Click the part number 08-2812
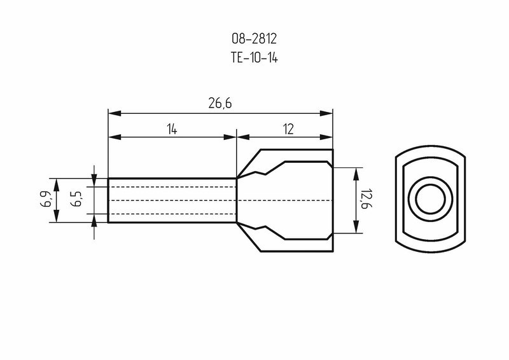point(254,39)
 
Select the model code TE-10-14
point(254,58)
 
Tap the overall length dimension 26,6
point(220,103)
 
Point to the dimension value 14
point(172,130)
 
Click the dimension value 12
point(288,129)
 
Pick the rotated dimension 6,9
point(45,199)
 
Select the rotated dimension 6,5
point(77,199)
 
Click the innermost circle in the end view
point(431,199)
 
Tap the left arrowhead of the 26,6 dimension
point(115,113)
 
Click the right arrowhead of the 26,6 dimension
point(326,113)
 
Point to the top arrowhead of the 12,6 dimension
point(356,174)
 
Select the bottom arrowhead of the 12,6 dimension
point(356,226)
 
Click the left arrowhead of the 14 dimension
point(115,137)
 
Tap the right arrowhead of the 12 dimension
point(326,137)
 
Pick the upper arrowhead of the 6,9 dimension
point(56,184)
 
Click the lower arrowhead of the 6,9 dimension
point(56,216)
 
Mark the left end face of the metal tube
point(108,200)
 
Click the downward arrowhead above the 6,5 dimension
point(94,180)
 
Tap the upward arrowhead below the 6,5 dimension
point(94,221)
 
